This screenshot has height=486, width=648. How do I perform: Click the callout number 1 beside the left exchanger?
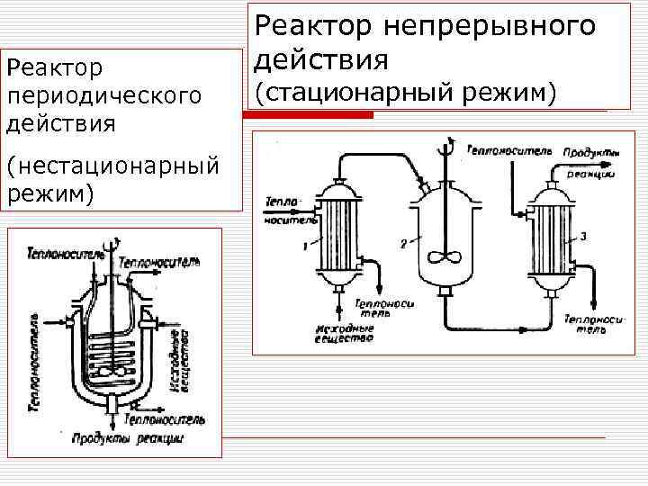(x=306, y=244)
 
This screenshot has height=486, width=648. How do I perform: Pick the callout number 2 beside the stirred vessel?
(x=404, y=243)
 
